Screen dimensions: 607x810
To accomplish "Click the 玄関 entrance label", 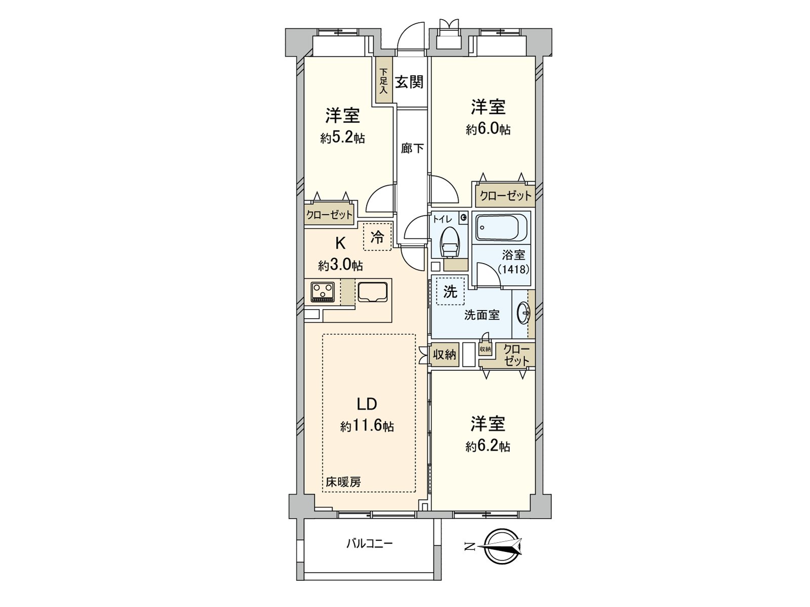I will coord(409,82).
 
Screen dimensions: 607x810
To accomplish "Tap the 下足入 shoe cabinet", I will coord(383,81).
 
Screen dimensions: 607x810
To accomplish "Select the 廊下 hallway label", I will coord(412,149).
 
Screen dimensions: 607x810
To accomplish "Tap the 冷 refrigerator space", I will coord(377,237).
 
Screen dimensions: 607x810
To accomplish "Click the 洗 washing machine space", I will coord(450,291).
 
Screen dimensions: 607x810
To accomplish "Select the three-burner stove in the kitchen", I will coord(322,292).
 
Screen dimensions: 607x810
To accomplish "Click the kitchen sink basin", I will coord(373,292).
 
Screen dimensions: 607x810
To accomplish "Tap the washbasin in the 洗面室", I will coord(523,314).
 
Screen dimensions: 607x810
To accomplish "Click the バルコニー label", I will coord(370,544).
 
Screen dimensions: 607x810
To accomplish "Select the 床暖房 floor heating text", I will coord(343,482).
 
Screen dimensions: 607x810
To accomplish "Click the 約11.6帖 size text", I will coord(367,426).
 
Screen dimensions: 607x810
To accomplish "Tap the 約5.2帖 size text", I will coord(342,138).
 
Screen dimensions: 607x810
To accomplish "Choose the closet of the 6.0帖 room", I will coord(505,196).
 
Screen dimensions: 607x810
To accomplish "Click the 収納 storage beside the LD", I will coord(444,355).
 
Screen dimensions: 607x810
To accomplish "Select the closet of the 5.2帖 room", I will coord(329,215).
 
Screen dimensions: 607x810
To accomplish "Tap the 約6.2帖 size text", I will coord(488,446).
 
